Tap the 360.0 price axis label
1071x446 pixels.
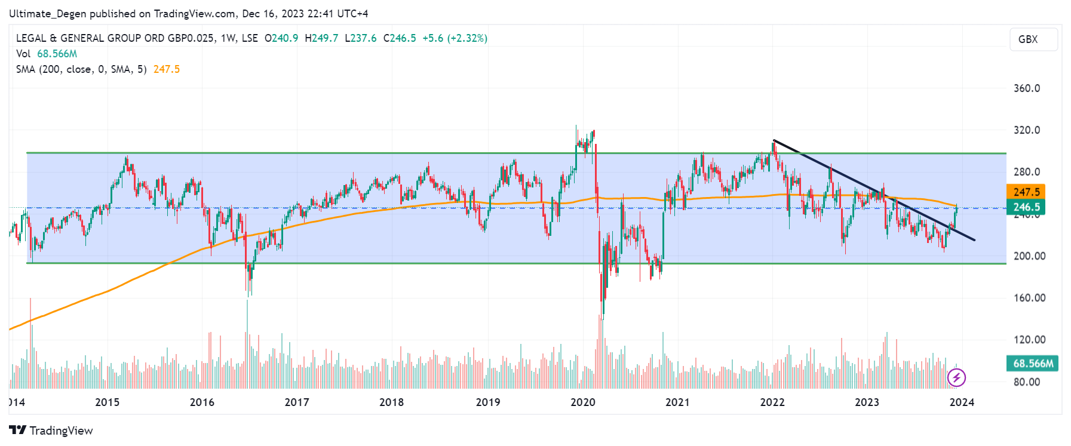point(1026,88)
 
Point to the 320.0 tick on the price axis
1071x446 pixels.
point(1026,130)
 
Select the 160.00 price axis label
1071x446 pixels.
point(1029,298)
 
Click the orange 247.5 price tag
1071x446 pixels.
point(1026,192)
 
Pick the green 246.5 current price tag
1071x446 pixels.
point(1026,207)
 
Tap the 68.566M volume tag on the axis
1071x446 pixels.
point(1033,363)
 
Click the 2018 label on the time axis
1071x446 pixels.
point(391,402)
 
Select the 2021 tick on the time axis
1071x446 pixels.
point(677,402)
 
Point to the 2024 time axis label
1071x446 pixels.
point(962,402)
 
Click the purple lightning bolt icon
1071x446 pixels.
point(956,377)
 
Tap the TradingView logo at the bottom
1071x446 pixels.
point(51,430)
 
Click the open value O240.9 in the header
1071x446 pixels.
point(281,38)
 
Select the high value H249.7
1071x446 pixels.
point(321,38)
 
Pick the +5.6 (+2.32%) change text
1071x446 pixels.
point(455,38)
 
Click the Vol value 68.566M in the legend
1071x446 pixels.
point(57,54)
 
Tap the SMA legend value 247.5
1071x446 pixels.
point(166,69)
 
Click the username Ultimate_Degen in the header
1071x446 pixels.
point(48,13)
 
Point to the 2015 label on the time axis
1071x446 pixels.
point(108,402)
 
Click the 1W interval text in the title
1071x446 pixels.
point(227,38)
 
